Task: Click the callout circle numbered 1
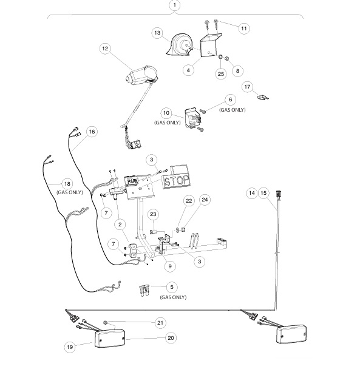[x=175, y=5]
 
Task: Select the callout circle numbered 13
[x=157, y=33]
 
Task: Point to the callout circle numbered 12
[x=105, y=49]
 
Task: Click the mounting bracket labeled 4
[x=211, y=45]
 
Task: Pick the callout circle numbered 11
[x=244, y=29]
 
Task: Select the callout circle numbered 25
[x=221, y=74]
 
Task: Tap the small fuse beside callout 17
[x=263, y=97]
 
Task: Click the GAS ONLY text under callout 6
[x=233, y=110]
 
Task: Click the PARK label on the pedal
[x=132, y=181]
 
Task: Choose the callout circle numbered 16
[x=92, y=132]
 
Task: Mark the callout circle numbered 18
[x=67, y=184]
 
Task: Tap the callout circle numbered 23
[x=153, y=214]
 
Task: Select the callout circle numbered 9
[x=170, y=266]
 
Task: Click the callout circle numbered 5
[x=172, y=287]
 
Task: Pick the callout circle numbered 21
[x=160, y=323]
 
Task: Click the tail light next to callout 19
[x=110, y=338]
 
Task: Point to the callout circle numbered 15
[x=263, y=193]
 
